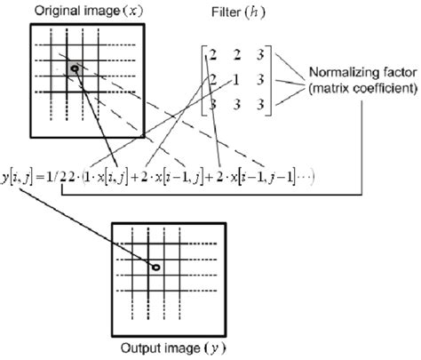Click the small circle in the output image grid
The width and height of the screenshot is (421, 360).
(155, 267)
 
